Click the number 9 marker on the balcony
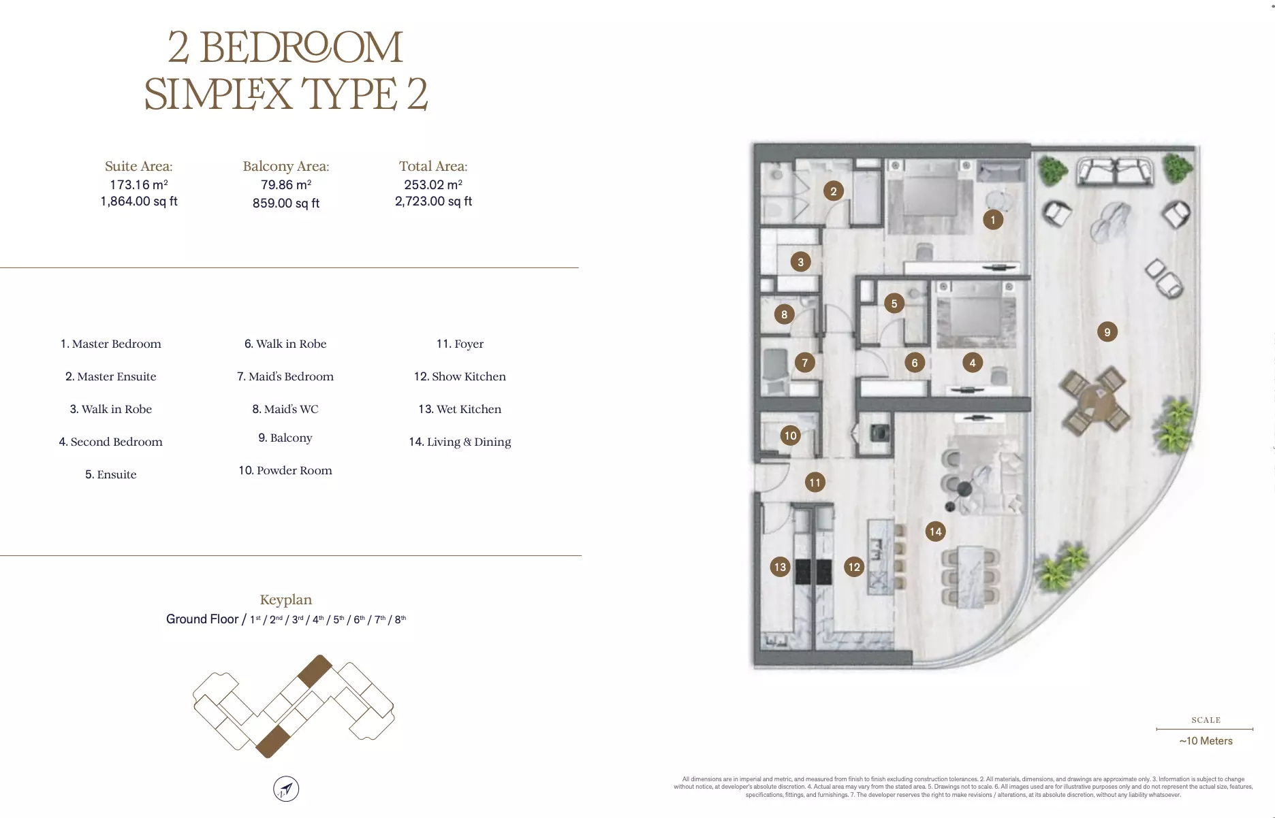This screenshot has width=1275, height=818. point(1107,332)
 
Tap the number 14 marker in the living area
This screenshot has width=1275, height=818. point(936,531)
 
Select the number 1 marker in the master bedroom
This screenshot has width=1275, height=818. point(993,220)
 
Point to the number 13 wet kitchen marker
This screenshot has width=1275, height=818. point(780,567)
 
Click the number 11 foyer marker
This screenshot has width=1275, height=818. point(815,482)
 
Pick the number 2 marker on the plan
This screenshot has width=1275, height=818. point(834,191)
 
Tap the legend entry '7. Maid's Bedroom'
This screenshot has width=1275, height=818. point(285,376)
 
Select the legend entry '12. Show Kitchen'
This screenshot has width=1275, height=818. point(460,376)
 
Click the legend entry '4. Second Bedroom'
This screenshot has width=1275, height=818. point(111,442)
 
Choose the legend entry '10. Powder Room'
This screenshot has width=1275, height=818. point(285,470)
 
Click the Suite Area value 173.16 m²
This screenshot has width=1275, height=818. point(139,184)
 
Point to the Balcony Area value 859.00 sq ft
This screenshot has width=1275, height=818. point(286,203)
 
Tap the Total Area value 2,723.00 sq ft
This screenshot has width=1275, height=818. point(433,201)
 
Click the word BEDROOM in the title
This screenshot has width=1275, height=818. point(302,47)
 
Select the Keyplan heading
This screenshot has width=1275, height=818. point(286,600)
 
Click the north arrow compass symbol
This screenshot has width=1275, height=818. point(286,789)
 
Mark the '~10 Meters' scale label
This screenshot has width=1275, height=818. point(1206,741)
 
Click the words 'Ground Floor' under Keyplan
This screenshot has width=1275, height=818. point(202,619)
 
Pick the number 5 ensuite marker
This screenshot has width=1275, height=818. point(894,304)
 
